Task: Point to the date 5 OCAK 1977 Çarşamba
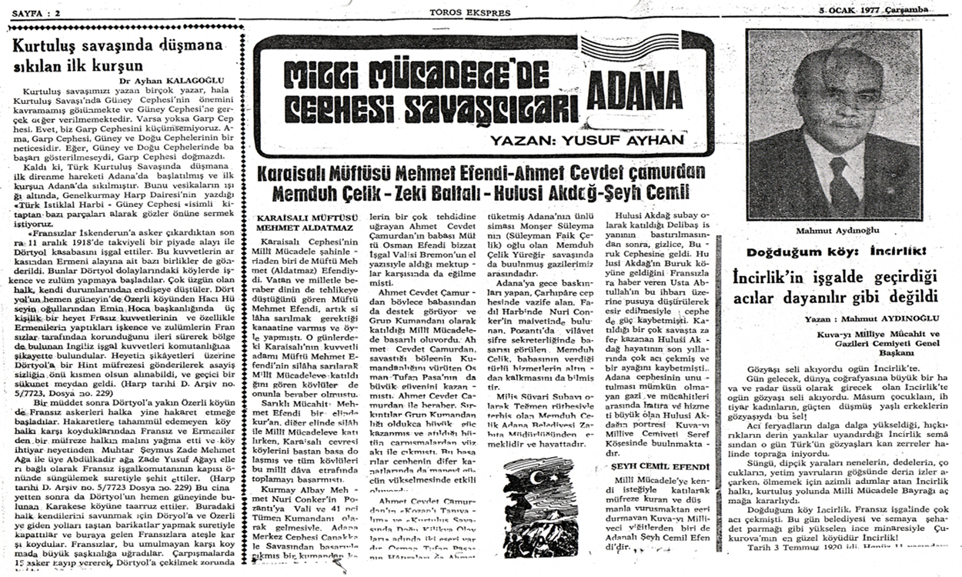873,9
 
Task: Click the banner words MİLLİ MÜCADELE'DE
416,76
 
